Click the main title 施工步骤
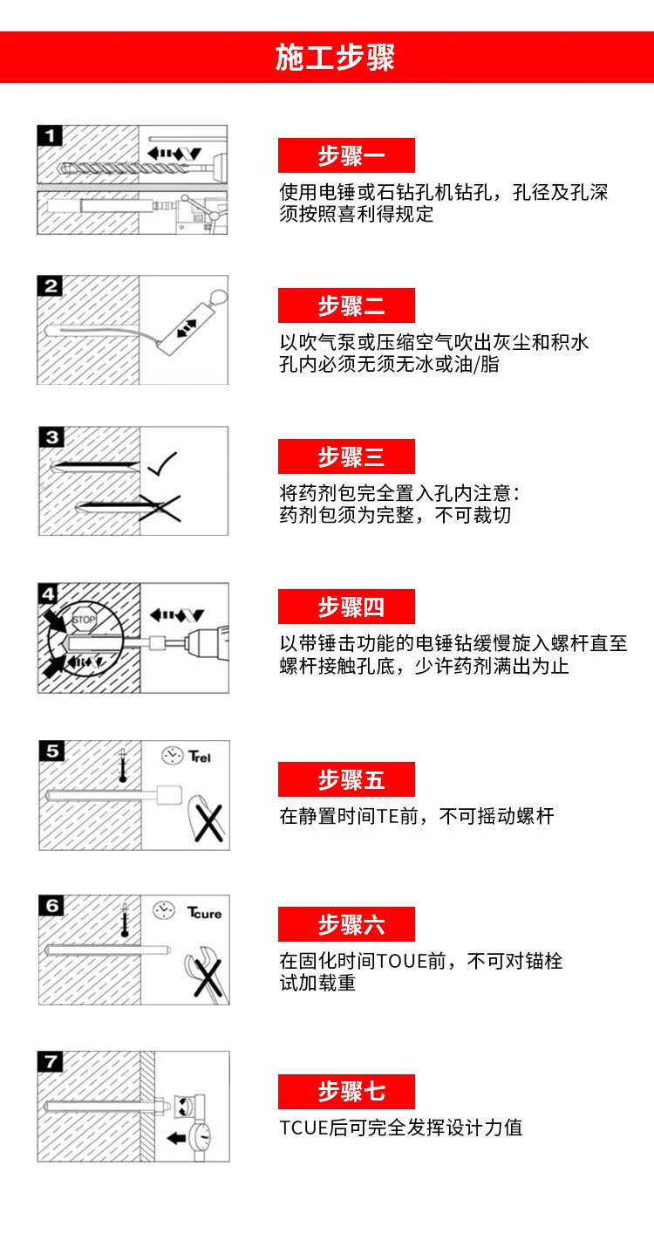(x=335, y=57)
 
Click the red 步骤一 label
(x=346, y=155)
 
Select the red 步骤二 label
(x=346, y=305)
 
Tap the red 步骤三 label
(x=346, y=456)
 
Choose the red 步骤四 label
(x=346, y=607)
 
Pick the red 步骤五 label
(x=346, y=779)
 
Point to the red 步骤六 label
(x=346, y=924)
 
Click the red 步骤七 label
(x=346, y=1092)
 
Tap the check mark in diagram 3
(x=162, y=463)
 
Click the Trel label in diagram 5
(x=200, y=757)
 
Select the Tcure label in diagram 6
(x=204, y=913)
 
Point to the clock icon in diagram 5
(x=173, y=755)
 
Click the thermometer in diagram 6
(x=125, y=920)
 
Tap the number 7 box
(x=51, y=1061)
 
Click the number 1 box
(x=50, y=136)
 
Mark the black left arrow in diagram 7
(x=177, y=1139)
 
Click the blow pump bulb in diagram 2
(x=219, y=298)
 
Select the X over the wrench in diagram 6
(x=208, y=977)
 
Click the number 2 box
(x=51, y=286)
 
